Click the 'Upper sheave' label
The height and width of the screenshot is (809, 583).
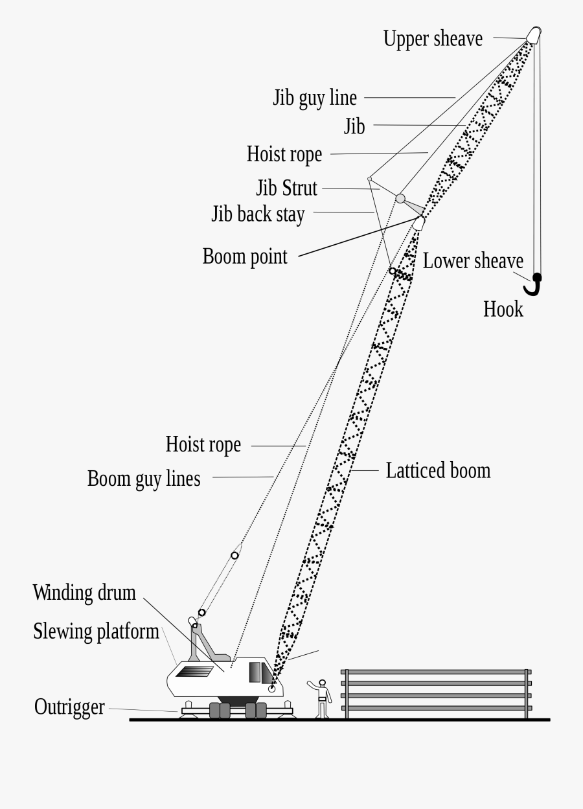[433, 39]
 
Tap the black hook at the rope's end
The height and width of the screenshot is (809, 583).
[534, 284]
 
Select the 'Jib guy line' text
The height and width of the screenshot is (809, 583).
[315, 98]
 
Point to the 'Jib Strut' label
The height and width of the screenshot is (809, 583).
[286, 188]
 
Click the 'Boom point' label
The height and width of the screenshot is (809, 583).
[245, 256]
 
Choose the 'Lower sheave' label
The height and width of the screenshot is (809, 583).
[473, 261]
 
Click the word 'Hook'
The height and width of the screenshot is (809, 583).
[503, 309]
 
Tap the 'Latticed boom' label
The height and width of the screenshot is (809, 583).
[438, 470]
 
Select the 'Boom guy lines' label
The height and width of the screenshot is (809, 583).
[144, 479]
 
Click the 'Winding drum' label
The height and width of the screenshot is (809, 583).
[84, 592]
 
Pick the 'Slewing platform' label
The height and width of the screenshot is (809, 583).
[96, 632]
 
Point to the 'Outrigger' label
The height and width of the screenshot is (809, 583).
[69, 707]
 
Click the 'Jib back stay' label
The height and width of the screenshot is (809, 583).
[258, 214]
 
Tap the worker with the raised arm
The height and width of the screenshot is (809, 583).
[321, 699]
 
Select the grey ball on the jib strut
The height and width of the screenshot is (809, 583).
[401, 198]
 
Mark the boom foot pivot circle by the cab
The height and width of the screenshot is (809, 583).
[272, 690]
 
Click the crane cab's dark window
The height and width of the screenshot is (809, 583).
[256, 672]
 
